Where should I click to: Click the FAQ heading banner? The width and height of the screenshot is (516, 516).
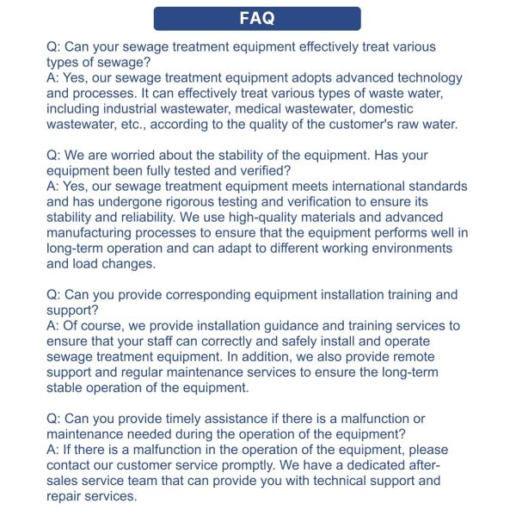click(257, 18)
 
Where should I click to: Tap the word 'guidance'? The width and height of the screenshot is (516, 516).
click(315, 326)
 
